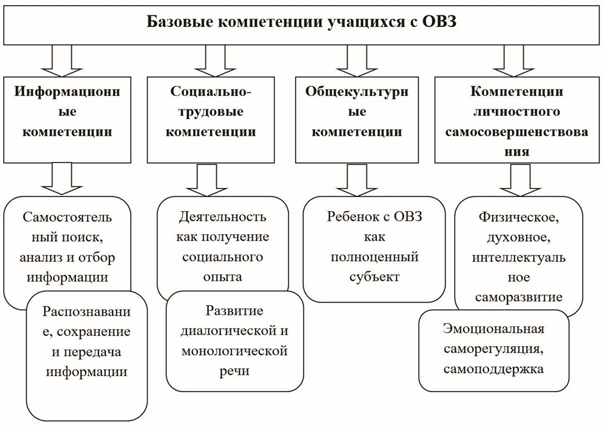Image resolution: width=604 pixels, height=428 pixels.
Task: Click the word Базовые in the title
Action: pos(180,22)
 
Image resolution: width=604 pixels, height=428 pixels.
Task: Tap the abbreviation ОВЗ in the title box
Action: pos(439,22)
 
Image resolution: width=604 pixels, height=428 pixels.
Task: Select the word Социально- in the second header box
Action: pos(211,91)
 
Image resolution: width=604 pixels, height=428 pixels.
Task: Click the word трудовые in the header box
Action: pos(211,112)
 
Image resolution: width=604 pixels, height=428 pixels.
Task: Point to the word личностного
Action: pos(516,112)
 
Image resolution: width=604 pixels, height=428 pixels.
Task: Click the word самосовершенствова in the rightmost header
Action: pos(516,132)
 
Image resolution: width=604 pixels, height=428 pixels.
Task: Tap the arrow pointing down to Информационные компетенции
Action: pos(61,61)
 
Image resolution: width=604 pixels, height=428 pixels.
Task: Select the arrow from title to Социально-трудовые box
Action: pos(215,61)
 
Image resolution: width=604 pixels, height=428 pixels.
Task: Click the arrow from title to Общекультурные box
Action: pos(357,61)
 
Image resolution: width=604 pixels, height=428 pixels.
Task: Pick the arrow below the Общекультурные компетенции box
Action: pos(357,180)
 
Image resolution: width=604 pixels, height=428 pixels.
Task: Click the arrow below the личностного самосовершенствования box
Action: pos(520,180)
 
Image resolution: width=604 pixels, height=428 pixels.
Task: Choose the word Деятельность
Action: pos(222,217)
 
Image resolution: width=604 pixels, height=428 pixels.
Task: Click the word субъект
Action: pos(374,277)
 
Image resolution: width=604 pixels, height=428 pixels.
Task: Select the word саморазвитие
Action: pos(518,297)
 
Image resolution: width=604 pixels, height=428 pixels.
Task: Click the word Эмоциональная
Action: pos(493,329)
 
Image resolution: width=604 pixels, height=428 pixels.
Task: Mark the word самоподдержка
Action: pos(493,369)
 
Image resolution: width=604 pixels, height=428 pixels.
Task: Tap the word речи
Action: pos(235,371)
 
